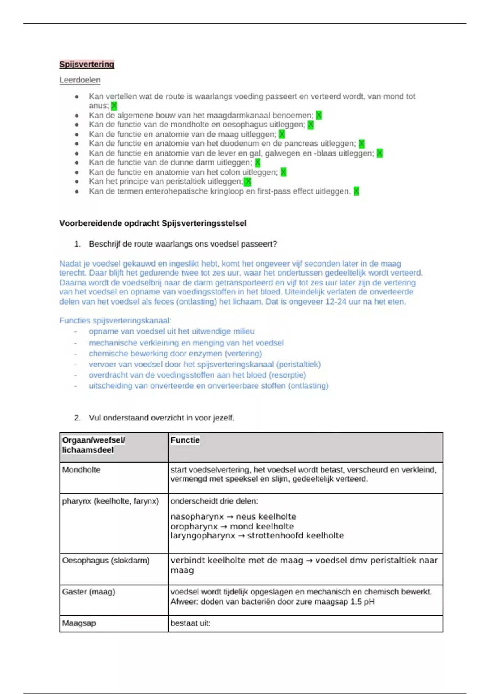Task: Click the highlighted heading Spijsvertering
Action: [x=87, y=64]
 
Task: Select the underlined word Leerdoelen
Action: [x=80, y=80]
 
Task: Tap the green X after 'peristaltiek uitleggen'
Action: [x=247, y=182]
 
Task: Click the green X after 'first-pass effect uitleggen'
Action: [x=356, y=191]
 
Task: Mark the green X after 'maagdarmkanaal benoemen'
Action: [x=319, y=116]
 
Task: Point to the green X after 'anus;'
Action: [x=114, y=106]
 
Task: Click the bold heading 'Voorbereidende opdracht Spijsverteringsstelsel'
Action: [x=153, y=223]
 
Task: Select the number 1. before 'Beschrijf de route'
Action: [x=77, y=244]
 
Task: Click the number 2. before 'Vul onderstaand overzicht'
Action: [x=77, y=418]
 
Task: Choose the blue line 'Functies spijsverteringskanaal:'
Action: [x=115, y=320]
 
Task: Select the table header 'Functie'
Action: [x=185, y=440]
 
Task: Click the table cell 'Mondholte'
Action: [x=81, y=470]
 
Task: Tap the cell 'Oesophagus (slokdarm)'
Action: [x=106, y=561]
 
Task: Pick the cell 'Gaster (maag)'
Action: [x=88, y=592]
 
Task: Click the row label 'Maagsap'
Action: [x=79, y=623]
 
